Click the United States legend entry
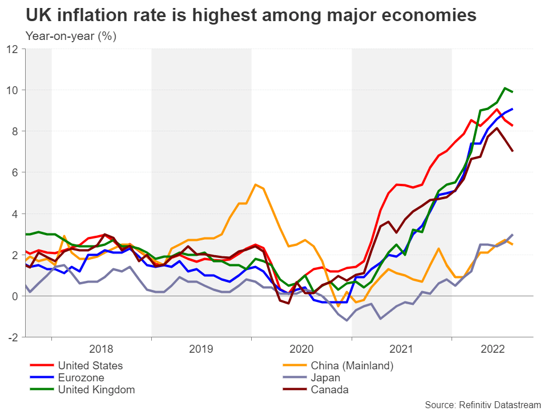[x=90, y=365]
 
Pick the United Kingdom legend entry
[x=96, y=390]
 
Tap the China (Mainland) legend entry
[x=352, y=365]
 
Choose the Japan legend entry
[x=325, y=377]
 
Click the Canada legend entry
[x=329, y=390]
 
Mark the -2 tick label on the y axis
[x=13, y=337]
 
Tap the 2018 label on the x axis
[x=102, y=349]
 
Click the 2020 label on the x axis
[x=301, y=349]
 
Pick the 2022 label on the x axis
[x=492, y=349]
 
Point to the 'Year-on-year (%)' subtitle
[x=71, y=36]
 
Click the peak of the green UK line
[x=505, y=88]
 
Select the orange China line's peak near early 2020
[x=255, y=184]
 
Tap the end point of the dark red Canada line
[x=513, y=151]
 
